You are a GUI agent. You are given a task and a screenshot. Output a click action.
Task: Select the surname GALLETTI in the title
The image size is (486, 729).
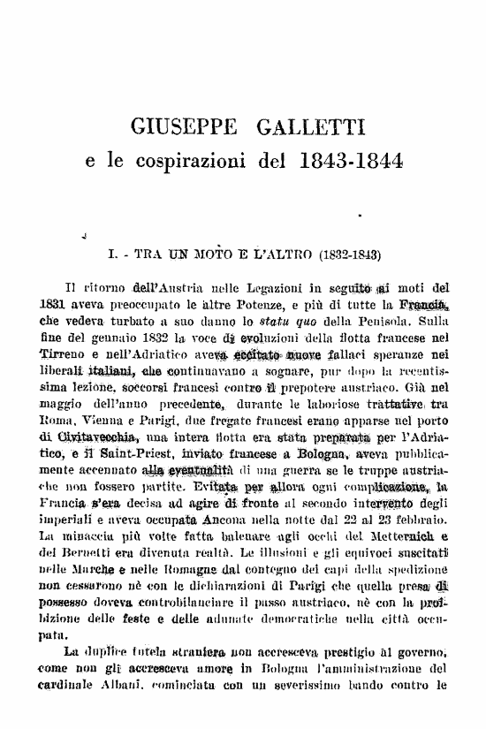(x=308, y=129)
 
